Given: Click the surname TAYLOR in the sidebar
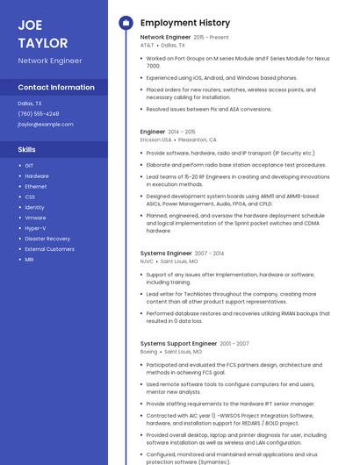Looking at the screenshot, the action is [42, 42].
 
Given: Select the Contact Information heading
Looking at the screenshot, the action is [56, 88].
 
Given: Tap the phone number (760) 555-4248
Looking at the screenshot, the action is [39, 114].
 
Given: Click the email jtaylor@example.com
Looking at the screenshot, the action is [46, 125].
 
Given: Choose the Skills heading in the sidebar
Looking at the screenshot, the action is [26, 150].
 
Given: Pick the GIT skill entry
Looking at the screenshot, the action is [29, 165].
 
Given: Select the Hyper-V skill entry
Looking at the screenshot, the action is [35, 228].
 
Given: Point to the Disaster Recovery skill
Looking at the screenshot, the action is [47, 239].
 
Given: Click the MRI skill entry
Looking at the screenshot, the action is [29, 260].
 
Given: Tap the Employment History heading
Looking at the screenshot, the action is [185, 23].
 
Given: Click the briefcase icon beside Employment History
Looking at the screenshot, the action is [125, 23].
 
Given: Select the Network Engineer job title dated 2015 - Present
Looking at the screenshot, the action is [165, 37].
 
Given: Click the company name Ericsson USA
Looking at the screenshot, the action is [156, 139].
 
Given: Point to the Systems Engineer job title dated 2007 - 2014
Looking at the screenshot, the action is [166, 253].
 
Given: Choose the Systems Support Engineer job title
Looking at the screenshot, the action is [178, 343].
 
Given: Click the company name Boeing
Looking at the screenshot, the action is [148, 351].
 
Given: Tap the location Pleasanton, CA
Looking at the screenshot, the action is [198, 139].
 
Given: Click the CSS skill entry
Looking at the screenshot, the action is [30, 197].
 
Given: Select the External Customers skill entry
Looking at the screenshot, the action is [49, 249].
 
